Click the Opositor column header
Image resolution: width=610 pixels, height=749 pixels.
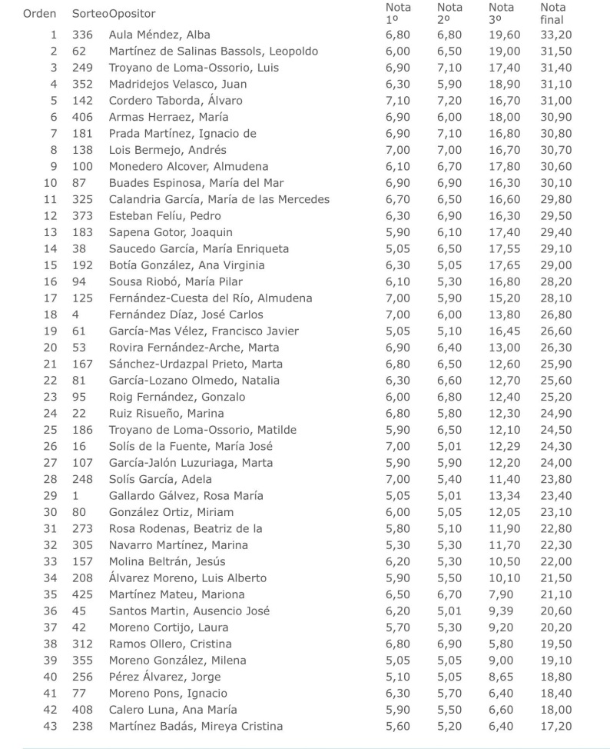point(132,14)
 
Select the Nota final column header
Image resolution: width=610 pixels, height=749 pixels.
point(553,13)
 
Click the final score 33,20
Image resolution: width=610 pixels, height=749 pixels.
point(555,35)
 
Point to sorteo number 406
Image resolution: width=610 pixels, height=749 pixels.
point(82,117)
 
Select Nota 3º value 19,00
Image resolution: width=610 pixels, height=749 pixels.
point(504,52)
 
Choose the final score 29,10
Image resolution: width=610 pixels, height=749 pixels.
point(555,249)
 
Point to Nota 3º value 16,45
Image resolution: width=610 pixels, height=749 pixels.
point(504,331)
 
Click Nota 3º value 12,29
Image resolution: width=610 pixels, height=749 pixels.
point(504,447)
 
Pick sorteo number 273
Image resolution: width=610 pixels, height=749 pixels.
point(82,528)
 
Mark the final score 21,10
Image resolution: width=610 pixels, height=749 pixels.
point(555,594)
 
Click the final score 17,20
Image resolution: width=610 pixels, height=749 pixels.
point(555,726)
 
